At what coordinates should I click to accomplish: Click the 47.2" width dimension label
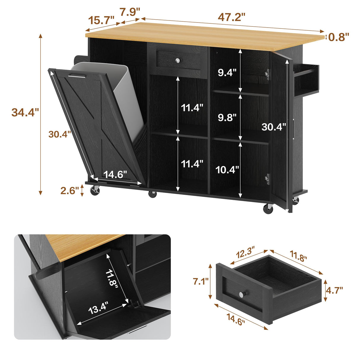232,17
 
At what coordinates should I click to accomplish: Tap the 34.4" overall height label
25,112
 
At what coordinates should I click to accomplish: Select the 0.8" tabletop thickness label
339,37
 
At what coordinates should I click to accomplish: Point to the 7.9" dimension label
130,12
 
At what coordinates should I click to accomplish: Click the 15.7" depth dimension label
101,21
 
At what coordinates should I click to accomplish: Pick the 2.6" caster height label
70,190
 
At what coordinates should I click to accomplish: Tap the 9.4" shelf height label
227,72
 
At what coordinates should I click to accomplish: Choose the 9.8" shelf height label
227,117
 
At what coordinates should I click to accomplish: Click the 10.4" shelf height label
227,170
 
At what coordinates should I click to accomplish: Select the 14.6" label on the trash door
115,174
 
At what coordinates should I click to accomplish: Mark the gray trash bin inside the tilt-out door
119,89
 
